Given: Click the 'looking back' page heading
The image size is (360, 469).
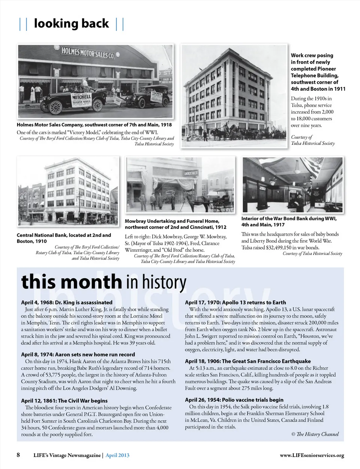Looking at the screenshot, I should [71, 23].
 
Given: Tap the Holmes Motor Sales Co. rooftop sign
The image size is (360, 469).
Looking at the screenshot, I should [88, 53].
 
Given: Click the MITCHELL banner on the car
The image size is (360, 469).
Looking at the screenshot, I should [81, 96].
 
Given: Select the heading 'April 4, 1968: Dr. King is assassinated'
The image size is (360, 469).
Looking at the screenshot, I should [67, 302].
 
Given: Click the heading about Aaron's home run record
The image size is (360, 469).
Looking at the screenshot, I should [78, 354].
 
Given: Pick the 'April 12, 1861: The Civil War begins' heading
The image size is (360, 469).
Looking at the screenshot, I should [64, 401].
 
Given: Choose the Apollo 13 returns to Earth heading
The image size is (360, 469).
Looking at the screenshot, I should [235, 302].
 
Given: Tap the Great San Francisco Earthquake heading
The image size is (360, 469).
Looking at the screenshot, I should [248, 361].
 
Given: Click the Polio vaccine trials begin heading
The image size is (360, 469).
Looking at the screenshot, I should [234, 400].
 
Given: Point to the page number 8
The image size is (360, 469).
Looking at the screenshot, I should [18, 455].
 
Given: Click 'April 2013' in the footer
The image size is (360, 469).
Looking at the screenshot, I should [117, 455].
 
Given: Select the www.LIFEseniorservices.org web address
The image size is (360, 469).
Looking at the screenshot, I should [312, 455].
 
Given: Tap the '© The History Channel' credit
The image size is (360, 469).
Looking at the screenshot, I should [315, 434].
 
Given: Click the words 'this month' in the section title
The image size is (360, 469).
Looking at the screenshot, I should [71, 282].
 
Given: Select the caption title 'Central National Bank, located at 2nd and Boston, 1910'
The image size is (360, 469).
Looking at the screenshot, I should [64, 238].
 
